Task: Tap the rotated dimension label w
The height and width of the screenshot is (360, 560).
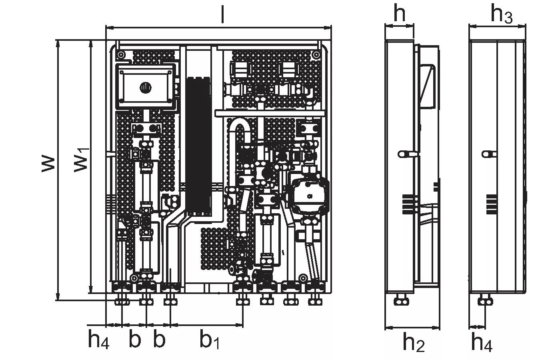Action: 48,164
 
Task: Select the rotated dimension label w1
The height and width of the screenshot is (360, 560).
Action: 82,160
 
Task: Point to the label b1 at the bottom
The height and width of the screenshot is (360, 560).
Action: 210,341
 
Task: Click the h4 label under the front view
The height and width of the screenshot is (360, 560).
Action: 98,341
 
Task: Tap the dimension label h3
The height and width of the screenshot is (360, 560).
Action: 501,14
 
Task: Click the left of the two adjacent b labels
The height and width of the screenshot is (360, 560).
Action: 135,340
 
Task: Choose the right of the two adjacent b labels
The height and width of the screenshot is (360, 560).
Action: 159,340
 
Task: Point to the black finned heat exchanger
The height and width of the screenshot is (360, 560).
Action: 198,146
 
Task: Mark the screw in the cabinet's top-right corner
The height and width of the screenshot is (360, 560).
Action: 316,54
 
